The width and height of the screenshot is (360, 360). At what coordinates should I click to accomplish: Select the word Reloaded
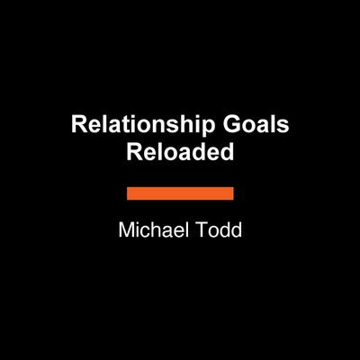click(x=180, y=152)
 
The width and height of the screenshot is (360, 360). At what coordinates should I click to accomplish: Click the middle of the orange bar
click(x=180, y=193)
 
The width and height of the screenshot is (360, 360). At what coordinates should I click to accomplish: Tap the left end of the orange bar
click(x=129, y=193)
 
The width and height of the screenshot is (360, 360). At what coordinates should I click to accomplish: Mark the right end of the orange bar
click(x=232, y=193)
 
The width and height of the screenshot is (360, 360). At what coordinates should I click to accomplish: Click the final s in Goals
click(x=283, y=128)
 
